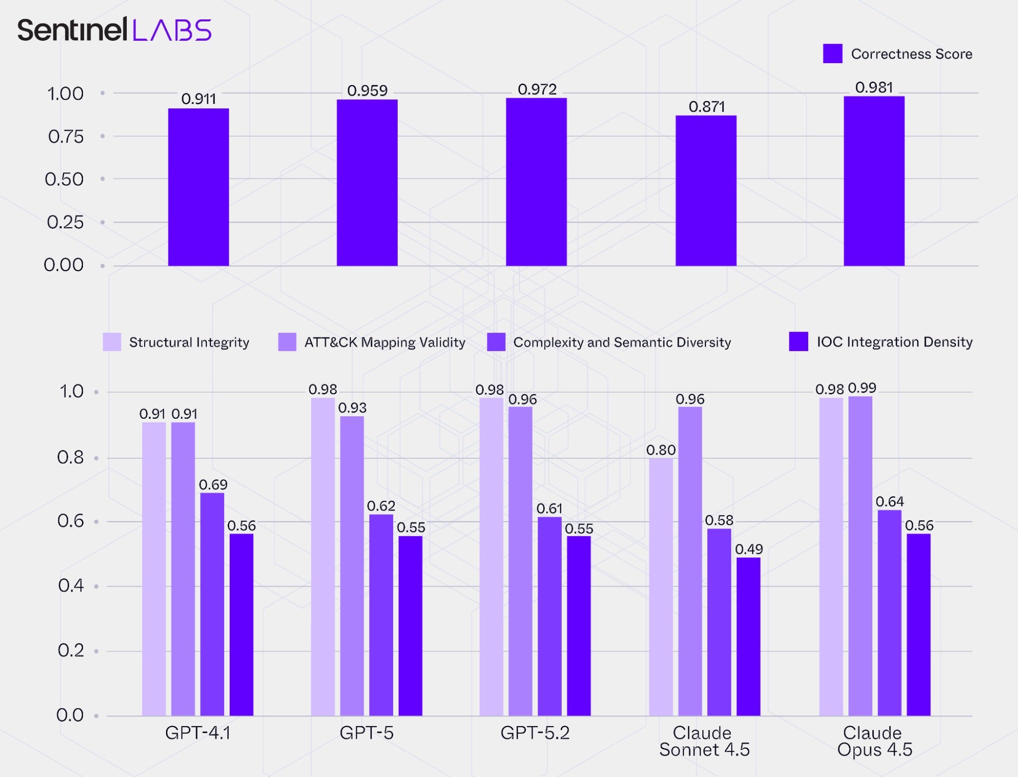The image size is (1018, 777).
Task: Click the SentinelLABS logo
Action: (x=114, y=30)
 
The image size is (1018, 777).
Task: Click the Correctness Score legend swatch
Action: (x=833, y=53)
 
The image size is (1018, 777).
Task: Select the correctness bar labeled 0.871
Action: (x=706, y=191)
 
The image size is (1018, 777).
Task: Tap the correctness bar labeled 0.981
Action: (x=874, y=181)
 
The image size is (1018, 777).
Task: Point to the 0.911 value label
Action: (x=199, y=99)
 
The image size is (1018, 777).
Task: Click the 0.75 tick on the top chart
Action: (x=66, y=137)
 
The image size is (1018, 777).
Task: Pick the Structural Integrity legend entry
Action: (x=176, y=342)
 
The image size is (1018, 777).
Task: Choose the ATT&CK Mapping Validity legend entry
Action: (x=372, y=342)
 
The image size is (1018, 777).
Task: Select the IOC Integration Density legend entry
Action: (x=881, y=341)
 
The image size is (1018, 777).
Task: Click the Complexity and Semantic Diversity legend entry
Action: (x=609, y=342)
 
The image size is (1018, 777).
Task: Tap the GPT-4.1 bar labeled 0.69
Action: (x=212, y=604)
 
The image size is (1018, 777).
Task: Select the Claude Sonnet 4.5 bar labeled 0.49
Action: (x=748, y=636)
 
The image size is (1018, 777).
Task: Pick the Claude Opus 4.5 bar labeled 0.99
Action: (x=860, y=556)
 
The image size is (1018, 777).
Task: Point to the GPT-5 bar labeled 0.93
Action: (x=352, y=566)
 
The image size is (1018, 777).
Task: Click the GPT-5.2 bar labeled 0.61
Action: (x=549, y=616)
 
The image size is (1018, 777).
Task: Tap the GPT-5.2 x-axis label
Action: (x=535, y=733)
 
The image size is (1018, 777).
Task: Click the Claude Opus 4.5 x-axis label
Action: (x=874, y=741)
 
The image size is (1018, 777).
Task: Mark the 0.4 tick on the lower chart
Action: (x=71, y=586)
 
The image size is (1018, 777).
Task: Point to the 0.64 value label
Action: (x=889, y=502)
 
